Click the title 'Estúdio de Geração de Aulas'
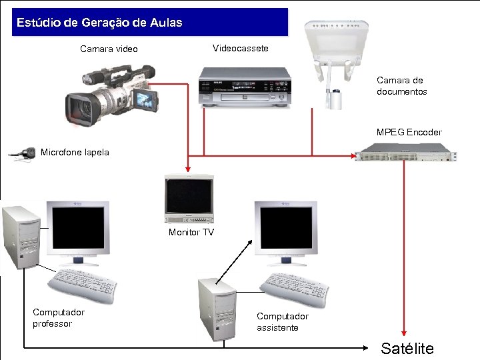tap(99, 23)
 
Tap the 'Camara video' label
tap(109, 49)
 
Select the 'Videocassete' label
tap(241, 49)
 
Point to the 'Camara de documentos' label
tap(401, 86)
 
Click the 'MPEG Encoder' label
tap(409, 132)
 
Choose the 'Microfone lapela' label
tap(75, 152)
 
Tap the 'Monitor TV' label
tap(191, 232)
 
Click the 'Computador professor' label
tap(59, 318)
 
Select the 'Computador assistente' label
tap(283, 322)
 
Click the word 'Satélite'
tap(407, 348)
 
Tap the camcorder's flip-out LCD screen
tap(146, 99)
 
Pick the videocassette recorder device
tap(245, 87)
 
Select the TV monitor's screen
tap(189, 197)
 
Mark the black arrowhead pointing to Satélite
tap(369, 347)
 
